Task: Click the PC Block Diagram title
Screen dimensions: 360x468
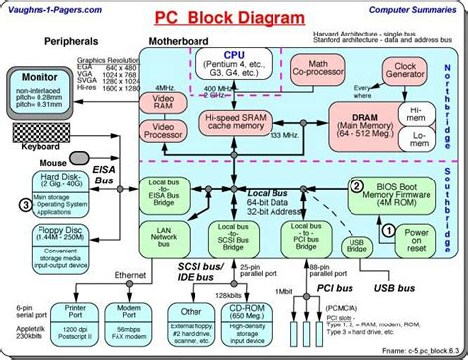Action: [x=235, y=19]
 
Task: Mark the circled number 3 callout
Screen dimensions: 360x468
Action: [x=25, y=204]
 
